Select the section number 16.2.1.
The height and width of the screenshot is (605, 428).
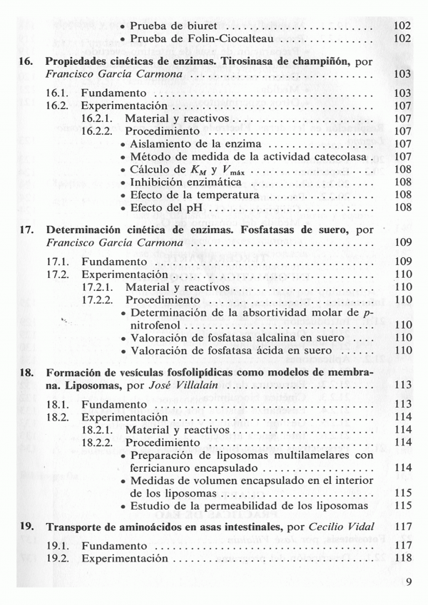point(98,118)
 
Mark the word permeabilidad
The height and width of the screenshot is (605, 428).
point(246,506)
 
